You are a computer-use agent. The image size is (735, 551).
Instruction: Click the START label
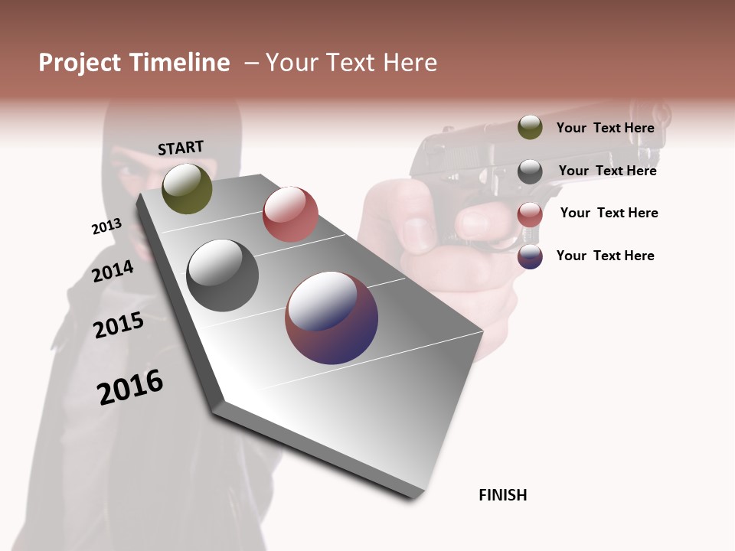[181, 148]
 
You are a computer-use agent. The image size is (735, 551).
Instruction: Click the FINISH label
[502, 495]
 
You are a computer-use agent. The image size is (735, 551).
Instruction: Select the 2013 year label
[106, 227]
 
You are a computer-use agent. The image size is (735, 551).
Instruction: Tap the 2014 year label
[113, 271]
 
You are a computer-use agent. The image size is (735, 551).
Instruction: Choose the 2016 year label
[130, 387]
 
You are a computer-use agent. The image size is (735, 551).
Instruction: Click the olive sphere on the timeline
[187, 188]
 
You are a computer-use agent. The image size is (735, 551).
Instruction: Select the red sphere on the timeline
[290, 214]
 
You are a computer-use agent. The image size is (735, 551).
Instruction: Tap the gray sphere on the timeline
[223, 275]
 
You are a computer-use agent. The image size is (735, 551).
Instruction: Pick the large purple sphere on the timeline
[332, 318]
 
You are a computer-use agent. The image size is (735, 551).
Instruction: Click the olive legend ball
[530, 128]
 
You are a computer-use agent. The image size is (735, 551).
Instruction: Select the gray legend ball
[530, 171]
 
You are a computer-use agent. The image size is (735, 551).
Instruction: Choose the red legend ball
[530, 214]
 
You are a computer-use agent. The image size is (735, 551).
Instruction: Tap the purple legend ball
[530, 256]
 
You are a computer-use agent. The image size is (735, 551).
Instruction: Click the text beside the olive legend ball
[605, 128]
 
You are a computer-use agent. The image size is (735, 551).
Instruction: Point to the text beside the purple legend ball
[605, 256]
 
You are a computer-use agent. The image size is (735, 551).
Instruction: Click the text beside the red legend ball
[609, 213]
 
